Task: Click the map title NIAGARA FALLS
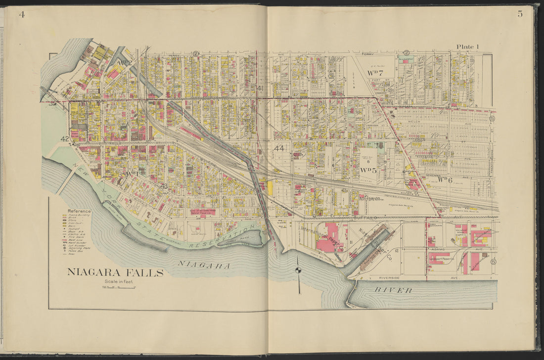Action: pos(115,272)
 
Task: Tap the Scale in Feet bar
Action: pos(119,286)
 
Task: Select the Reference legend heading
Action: pos(79,211)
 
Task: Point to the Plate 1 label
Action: pos(467,46)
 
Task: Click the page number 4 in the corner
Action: pos(21,14)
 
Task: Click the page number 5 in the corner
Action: pos(520,14)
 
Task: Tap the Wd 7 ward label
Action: pos(375,73)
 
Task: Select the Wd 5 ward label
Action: pos(368,170)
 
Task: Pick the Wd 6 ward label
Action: pos(445,180)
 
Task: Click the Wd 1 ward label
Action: pos(131,174)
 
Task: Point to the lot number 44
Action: pos(279,148)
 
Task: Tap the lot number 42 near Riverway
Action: pos(65,139)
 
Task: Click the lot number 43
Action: pos(164,186)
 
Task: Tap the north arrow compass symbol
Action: pos(298,270)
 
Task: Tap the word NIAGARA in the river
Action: pos(204,266)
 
